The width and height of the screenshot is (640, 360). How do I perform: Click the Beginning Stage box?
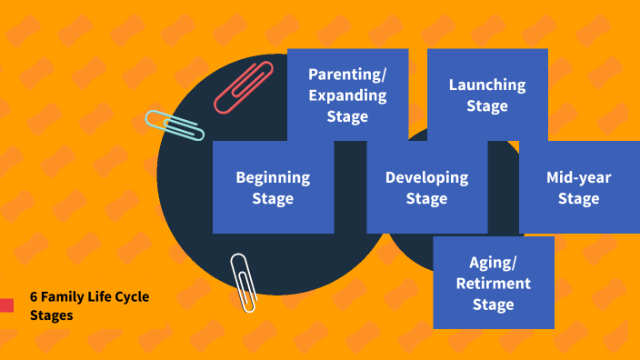[273, 187]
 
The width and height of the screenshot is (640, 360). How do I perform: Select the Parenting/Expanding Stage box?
[347, 95]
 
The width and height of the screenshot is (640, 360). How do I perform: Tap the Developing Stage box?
[426, 187]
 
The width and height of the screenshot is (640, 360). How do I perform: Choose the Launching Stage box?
[487, 95]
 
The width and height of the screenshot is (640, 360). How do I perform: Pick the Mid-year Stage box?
[578, 187]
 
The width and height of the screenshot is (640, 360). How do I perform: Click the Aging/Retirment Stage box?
[494, 283]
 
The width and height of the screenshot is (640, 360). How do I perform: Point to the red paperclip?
[244, 86]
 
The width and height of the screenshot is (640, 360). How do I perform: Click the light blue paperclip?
[174, 125]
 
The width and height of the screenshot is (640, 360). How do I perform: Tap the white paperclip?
[242, 282]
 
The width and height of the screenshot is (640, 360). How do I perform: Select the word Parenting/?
[347, 75]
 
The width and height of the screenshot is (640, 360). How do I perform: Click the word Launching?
[487, 85]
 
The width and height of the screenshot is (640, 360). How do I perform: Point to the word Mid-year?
[578, 177]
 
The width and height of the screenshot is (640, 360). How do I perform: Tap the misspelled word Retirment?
[494, 283]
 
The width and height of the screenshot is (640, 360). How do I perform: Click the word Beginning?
[273, 177]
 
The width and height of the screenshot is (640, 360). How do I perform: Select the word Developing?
[426, 177]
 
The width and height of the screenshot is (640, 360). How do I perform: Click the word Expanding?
[347, 95]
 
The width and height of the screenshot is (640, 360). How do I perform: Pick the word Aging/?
[494, 263]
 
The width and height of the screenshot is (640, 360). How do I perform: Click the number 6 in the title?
[34, 297]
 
